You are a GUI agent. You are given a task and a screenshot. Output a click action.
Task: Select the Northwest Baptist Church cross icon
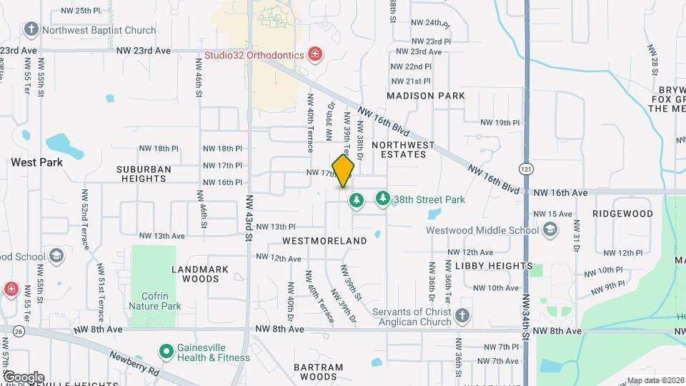[x=31, y=30]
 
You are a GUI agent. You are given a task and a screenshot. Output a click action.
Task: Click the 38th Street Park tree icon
[x=383, y=199]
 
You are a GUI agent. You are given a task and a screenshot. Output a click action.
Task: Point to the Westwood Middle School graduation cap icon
[x=550, y=229]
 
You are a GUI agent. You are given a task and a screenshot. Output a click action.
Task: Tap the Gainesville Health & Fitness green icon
[x=166, y=352]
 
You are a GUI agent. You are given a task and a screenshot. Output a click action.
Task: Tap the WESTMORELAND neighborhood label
[x=324, y=242]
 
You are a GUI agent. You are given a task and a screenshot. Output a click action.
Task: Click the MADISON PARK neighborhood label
[x=426, y=96]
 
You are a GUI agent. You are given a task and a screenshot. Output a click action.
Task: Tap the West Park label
[x=36, y=162]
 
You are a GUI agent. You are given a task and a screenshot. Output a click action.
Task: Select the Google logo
[x=24, y=377]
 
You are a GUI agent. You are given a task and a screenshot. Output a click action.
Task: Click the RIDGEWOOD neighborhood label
[x=622, y=214]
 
